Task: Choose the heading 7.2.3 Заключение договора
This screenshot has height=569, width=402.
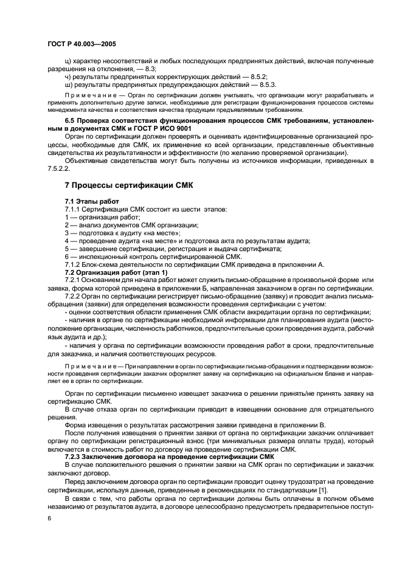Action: coord(169,456)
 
